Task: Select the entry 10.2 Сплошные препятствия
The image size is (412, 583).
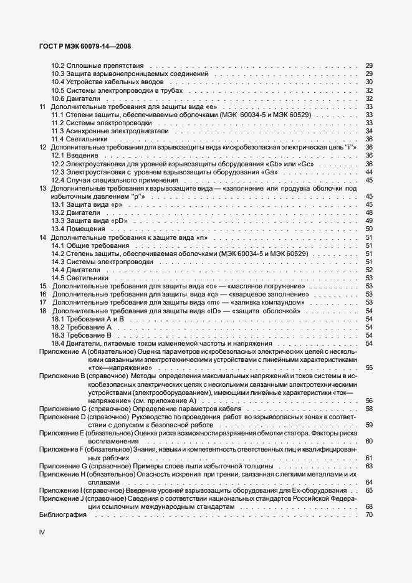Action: pos(97,65)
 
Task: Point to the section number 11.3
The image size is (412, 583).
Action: pos(57,131)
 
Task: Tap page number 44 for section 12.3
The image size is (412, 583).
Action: pos(368,172)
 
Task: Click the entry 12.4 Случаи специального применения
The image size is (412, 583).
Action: pos(111,180)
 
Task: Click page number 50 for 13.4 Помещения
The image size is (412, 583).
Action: pos(368,229)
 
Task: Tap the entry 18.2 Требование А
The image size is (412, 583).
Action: pos(81,326)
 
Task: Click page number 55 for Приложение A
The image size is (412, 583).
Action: pos(368,367)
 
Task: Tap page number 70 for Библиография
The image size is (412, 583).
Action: pos(368,515)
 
